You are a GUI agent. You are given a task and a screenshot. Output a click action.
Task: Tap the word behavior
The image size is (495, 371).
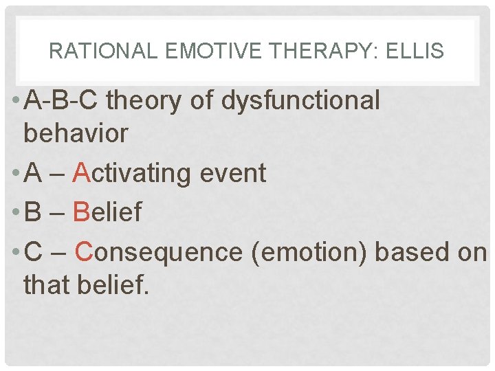point(76,133)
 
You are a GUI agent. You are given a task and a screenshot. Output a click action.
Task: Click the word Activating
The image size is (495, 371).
point(131,173)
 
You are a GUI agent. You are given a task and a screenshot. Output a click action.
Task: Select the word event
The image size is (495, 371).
point(232,173)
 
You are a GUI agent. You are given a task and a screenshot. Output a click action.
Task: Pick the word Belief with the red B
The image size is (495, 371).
point(107,213)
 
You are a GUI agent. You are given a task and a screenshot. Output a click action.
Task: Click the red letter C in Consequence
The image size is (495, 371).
point(84,252)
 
